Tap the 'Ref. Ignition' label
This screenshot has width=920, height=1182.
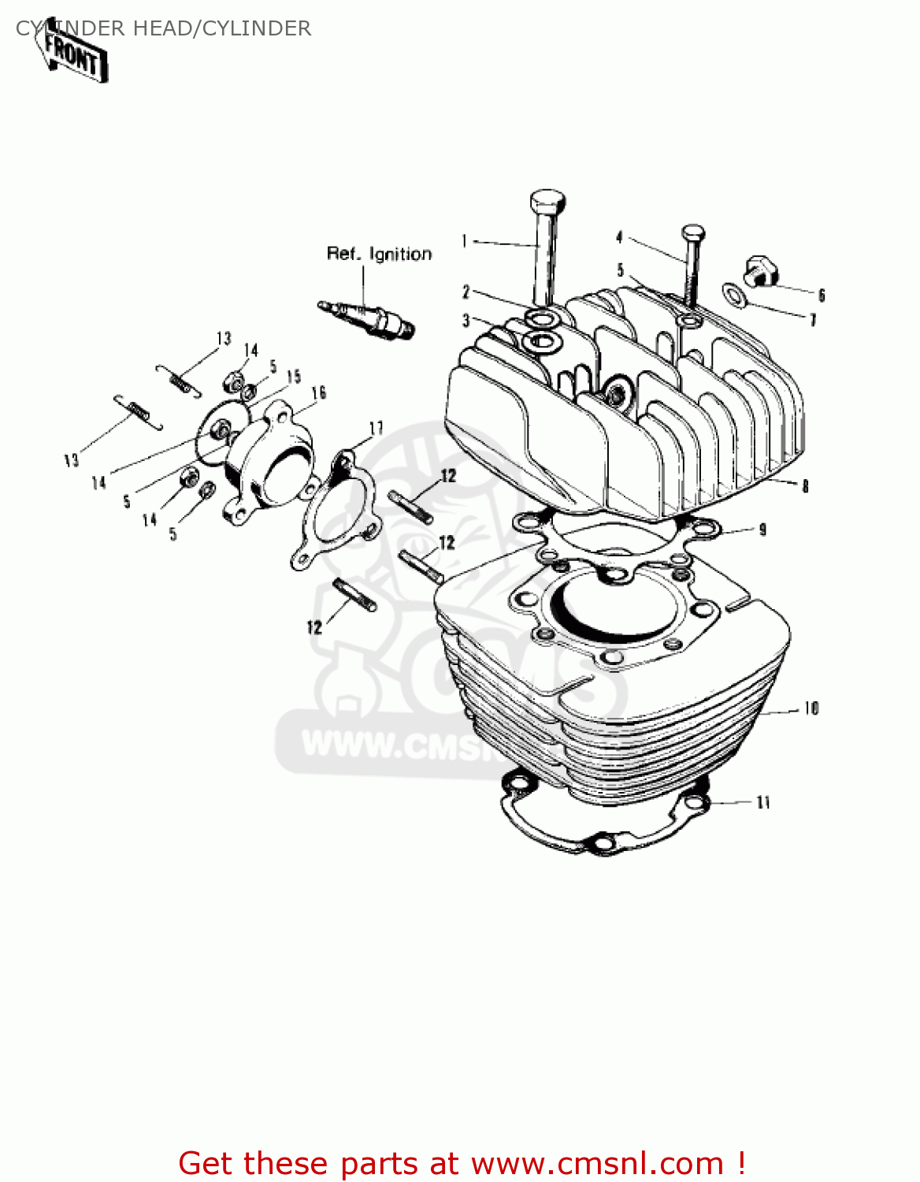[x=379, y=254]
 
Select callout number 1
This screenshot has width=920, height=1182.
[x=465, y=240]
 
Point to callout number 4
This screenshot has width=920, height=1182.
[x=619, y=236]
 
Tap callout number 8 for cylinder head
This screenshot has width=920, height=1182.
[x=805, y=486]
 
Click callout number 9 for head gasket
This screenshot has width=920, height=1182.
[x=762, y=530]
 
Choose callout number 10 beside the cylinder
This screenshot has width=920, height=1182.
[x=811, y=708]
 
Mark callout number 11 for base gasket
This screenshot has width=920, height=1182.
[x=762, y=802]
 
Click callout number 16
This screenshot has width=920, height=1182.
[x=319, y=392]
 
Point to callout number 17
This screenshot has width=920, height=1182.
[x=377, y=428]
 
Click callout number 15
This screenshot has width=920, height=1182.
[x=294, y=377]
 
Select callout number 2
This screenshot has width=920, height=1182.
[x=466, y=292]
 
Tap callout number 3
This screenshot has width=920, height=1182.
[x=466, y=320]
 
